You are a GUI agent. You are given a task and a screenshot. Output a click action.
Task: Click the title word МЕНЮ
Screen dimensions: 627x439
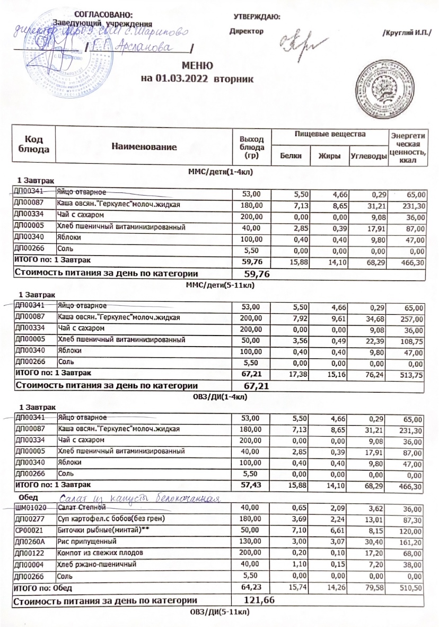[x=197, y=66]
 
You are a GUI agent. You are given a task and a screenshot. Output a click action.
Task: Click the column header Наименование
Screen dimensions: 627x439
[x=144, y=146]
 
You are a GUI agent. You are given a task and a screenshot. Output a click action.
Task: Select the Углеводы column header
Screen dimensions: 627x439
[x=367, y=156]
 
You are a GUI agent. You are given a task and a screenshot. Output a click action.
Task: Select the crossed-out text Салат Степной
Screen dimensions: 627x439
[x=80, y=508]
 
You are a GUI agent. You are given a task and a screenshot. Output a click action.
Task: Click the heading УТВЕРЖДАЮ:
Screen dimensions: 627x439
[x=257, y=16]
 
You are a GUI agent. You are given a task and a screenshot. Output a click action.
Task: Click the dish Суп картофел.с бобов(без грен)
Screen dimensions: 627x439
[x=111, y=519]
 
